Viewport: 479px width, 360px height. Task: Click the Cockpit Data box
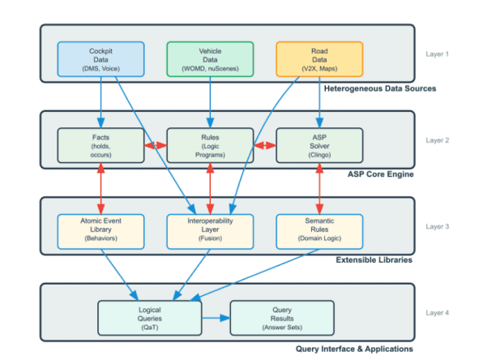tap(101, 60)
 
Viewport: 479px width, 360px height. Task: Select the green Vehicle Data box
tap(210, 60)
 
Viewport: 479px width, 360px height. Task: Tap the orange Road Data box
tap(319, 60)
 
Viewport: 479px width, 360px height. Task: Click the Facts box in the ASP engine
tap(101, 145)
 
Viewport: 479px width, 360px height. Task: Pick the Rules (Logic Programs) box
tap(210, 145)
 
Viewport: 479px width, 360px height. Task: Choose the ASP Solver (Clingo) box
tap(319, 145)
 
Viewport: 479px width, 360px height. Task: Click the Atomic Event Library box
tap(101, 231)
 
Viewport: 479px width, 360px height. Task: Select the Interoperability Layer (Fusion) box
tap(210, 231)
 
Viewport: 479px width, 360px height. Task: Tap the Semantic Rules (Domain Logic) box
tap(319, 231)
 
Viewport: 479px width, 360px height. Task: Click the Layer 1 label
tap(438, 54)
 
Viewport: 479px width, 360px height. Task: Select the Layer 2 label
tap(438, 140)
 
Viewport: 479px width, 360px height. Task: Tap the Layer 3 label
tap(438, 226)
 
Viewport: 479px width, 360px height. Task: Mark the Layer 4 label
tap(438, 312)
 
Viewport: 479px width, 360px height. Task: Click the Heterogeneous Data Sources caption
tap(367, 88)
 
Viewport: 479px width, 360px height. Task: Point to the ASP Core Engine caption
tap(381, 174)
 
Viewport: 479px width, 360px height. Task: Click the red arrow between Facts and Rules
tap(155, 146)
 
